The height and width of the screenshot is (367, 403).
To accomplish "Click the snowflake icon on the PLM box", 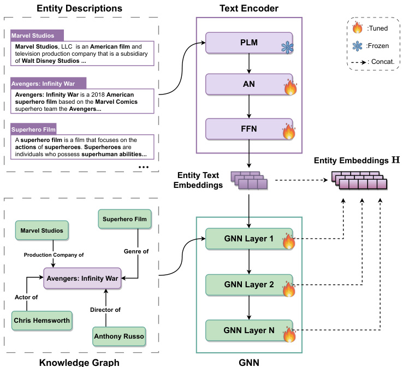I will pos(288,48).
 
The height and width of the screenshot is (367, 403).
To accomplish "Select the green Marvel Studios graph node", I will pos(42,230).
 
